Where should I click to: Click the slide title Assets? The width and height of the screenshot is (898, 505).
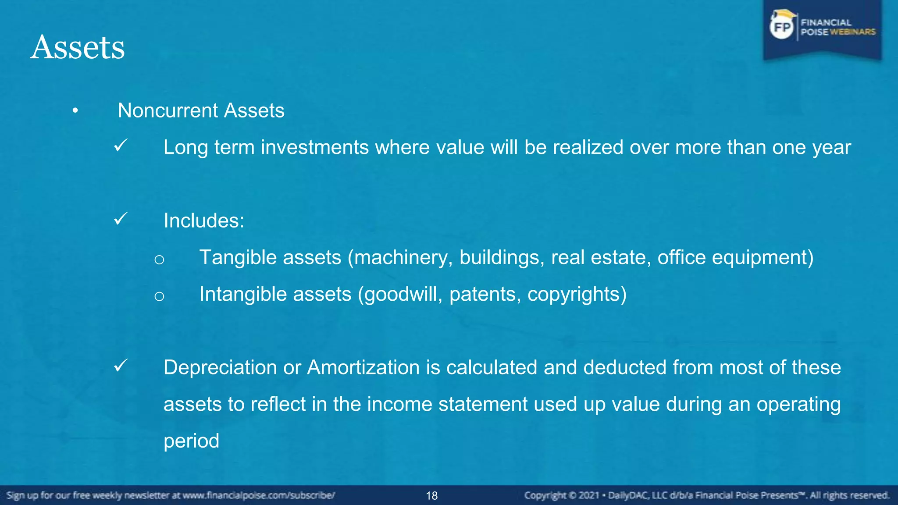(78, 47)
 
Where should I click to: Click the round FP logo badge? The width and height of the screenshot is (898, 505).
(782, 27)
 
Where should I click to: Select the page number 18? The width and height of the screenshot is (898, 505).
(432, 496)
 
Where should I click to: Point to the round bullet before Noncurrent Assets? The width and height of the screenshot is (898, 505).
(75, 110)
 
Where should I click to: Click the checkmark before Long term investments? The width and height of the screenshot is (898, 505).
(121, 145)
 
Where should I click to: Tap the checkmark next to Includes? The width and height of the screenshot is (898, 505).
(121, 218)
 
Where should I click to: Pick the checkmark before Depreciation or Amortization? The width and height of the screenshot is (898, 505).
(121, 365)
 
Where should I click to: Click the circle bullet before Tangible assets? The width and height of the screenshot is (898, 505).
(159, 260)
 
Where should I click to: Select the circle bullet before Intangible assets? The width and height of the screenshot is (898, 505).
(159, 296)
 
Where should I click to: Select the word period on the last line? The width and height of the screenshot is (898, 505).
(191, 441)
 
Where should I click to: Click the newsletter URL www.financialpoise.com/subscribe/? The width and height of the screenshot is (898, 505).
(259, 496)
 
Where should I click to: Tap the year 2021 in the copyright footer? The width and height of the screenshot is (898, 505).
(588, 496)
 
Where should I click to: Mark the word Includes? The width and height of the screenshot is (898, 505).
(204, 220)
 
